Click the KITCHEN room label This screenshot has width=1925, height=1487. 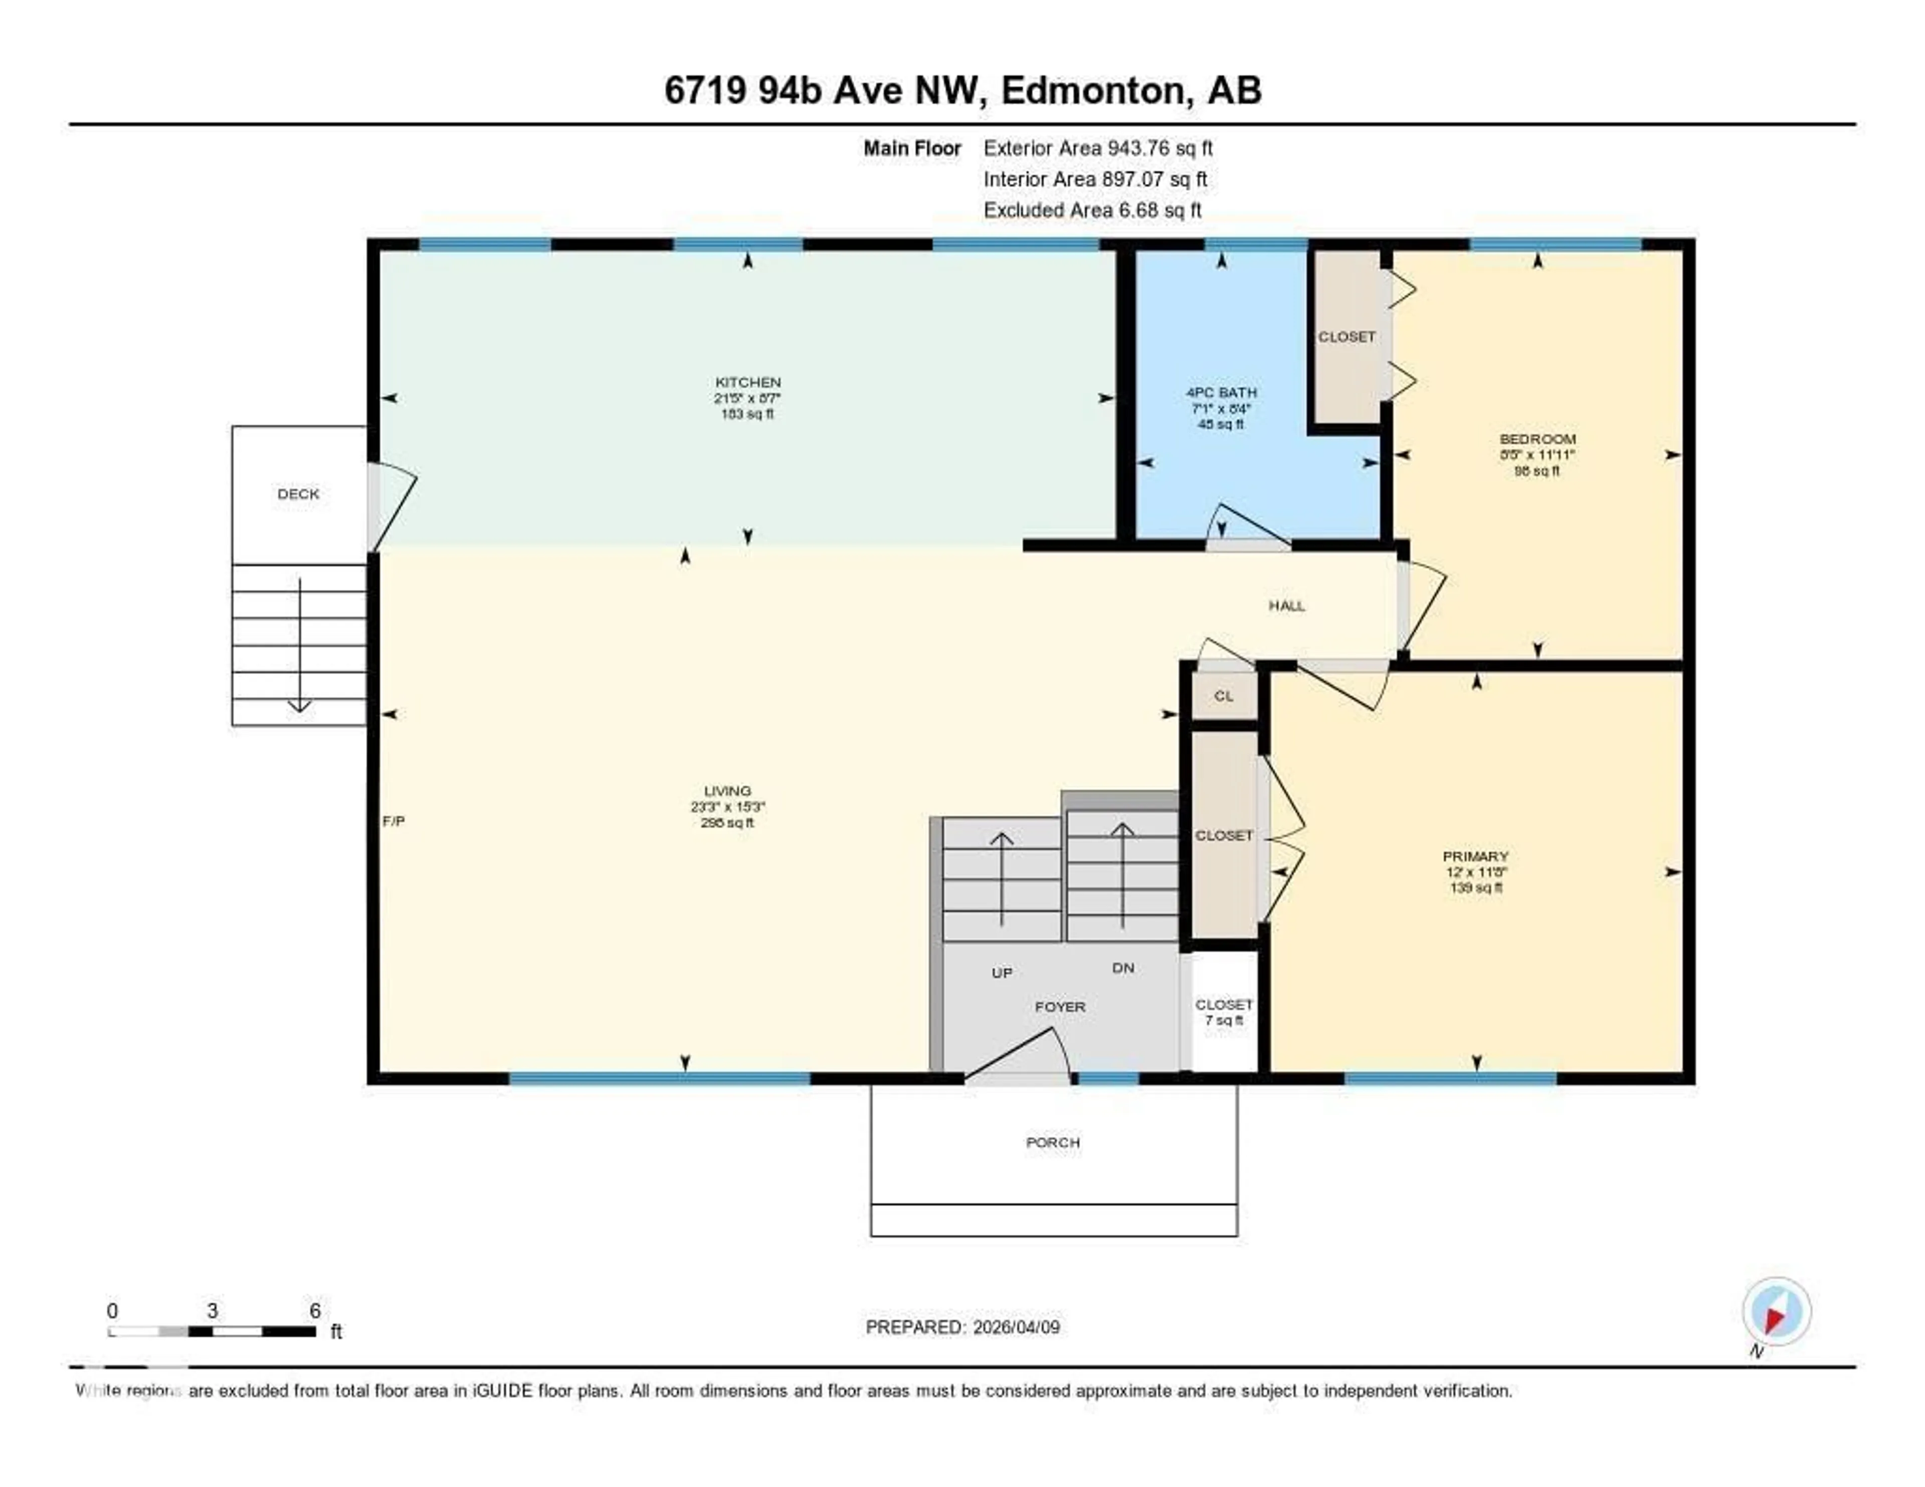pos(747,382)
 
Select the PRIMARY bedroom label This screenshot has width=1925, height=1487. pos(1475,856)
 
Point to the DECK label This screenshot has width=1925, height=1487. pos(298,494)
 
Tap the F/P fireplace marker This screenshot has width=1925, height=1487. pos(393,821)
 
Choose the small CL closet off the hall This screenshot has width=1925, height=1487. pos(1223,695)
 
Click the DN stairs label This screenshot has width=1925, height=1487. pos(1123,968)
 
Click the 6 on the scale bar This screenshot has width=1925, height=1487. pos(315,1311)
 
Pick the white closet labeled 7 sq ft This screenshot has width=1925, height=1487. pos(1223,1012)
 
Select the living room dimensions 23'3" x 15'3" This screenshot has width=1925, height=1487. pos(727,807)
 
